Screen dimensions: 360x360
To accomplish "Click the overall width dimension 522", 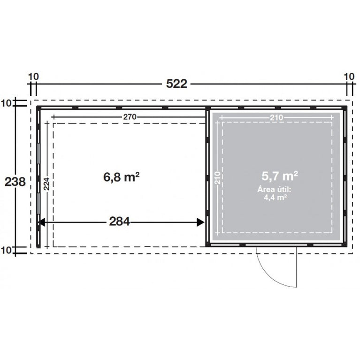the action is [x=176, y=84].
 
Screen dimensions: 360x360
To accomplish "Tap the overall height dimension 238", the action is [x=15, y=182].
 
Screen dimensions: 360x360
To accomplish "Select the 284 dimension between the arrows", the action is [x=119, y=222].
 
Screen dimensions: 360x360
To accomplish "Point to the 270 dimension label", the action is [x=130, y=117].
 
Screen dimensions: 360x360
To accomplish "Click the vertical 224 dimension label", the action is [x=46, y=184].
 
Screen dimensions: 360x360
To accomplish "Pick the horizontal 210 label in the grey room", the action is [x=276, y=118].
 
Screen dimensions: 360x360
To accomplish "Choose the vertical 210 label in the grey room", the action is [x=218, y=178].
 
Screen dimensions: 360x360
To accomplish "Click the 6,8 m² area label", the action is [x=122, y=177].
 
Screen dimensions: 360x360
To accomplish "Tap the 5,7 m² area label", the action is [x=280, y=176].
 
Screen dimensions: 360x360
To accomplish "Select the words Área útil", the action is [x=274, y=190].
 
